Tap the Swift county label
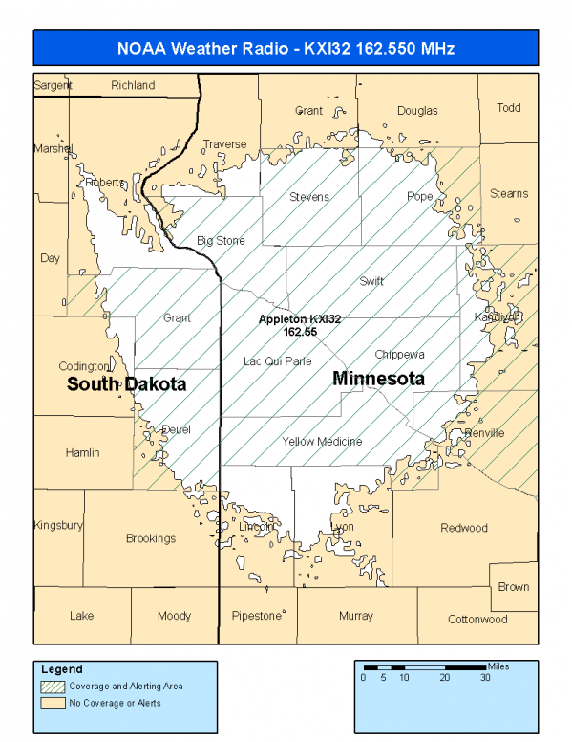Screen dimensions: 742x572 (371, 281)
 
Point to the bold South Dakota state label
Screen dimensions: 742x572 (126, 383)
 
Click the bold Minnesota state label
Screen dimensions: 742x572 (378, 379)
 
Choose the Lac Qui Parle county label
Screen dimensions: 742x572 (277, 361)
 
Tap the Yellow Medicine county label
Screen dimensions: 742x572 (322, 441)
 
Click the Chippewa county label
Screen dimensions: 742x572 (399, 354)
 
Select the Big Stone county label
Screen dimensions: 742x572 (221, 241)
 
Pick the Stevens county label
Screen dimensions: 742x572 (308, 197)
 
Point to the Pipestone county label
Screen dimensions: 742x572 (257, 616)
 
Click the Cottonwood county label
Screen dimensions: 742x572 (477, 620)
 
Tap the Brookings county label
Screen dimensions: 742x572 (151, 538)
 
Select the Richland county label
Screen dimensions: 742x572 (133, 85)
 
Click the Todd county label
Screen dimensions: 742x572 (508, 107)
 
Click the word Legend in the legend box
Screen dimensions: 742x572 (61, 670)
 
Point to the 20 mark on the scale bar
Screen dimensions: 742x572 (445, 677)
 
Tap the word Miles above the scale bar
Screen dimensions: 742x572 (498, 666)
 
